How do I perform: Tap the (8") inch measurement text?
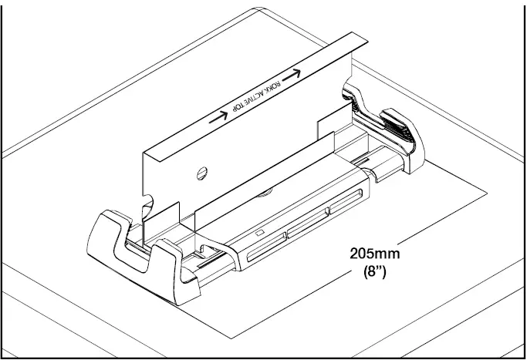pos(374,272)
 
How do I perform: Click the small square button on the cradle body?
pos(260,232)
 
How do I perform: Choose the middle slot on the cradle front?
pos(306,228)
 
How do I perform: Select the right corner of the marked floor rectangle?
pos(485,190)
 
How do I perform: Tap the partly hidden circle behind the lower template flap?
pos(266,189)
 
